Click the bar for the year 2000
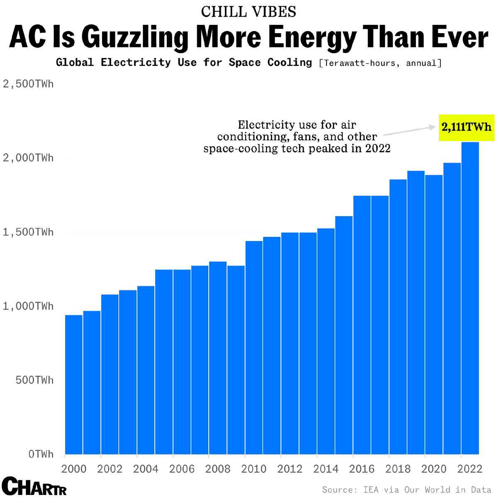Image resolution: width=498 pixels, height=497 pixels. (74, 384)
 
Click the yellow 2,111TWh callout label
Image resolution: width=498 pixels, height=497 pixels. (466, 127)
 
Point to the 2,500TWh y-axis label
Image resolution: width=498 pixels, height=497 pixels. (28, 84)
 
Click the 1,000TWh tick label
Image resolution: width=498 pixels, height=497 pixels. (28, 306)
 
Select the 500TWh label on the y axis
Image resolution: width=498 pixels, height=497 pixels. (35, 380)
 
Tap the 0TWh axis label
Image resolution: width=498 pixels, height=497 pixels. (41, 454)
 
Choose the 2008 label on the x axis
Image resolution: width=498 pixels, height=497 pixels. (218, 469)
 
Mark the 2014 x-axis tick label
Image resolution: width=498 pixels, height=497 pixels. (326, 469)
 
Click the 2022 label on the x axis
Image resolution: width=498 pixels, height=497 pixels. (470, 469)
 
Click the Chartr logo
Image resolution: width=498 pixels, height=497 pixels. (34, 486)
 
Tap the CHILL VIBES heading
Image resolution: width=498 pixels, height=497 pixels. (249, 12)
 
